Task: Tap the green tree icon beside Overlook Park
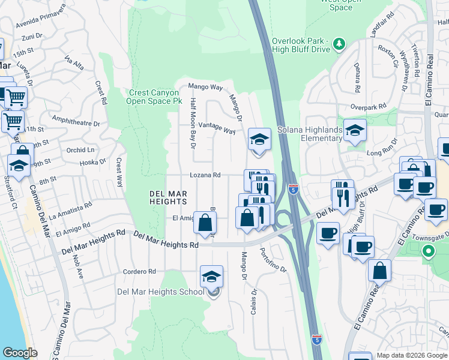340,44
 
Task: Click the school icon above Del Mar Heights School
211,277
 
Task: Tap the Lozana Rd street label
205,175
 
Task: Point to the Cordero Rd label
140,272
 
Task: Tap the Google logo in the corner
20,353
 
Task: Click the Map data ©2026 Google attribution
412,355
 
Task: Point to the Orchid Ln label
82,149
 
